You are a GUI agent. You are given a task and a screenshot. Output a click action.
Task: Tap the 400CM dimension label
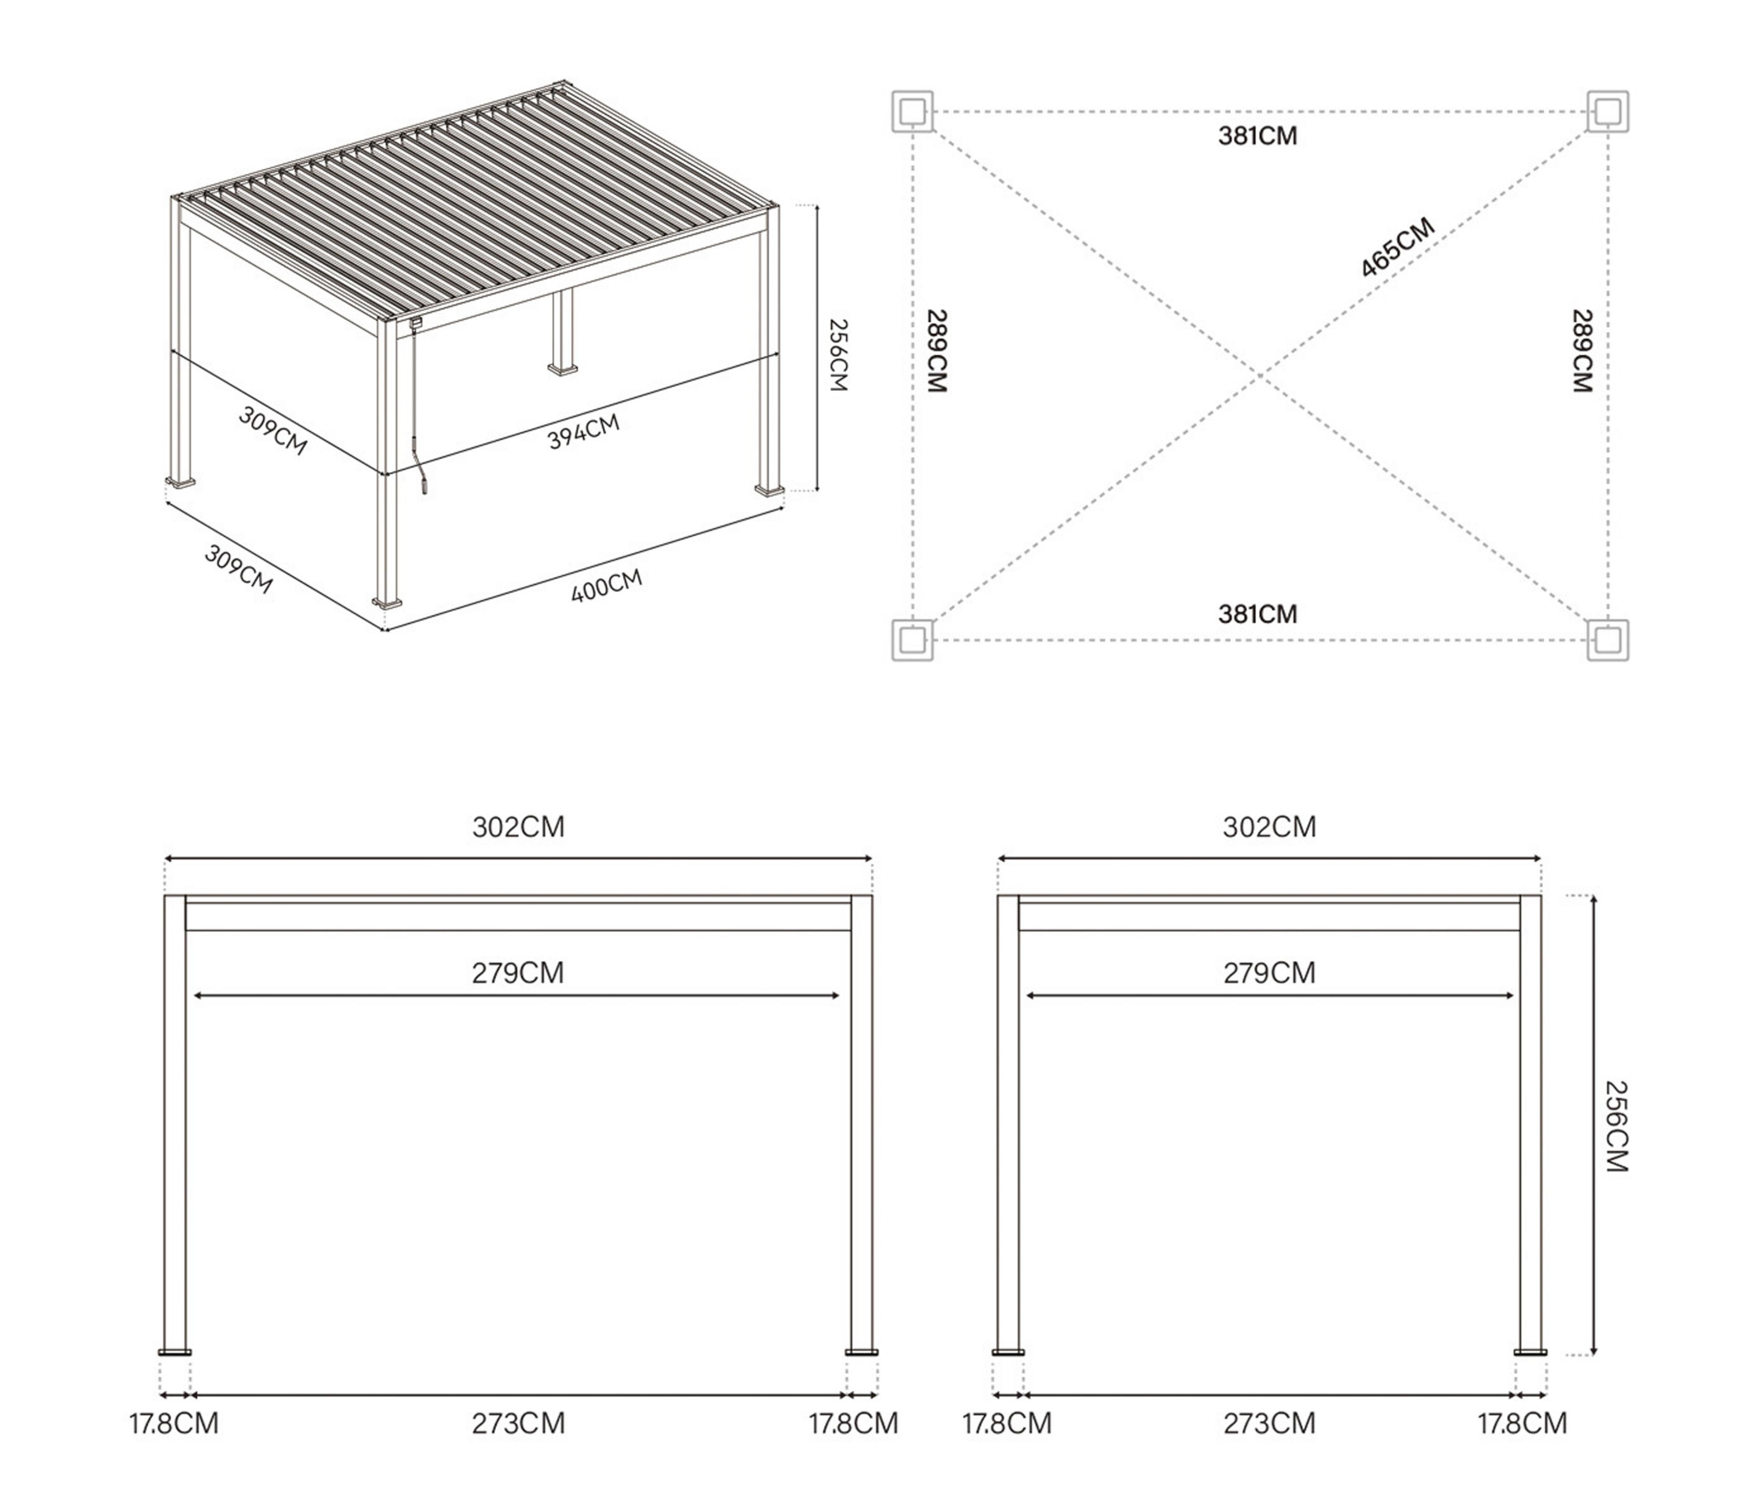[x=606, y=585]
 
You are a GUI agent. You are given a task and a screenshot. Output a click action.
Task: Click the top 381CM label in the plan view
[x=1257, y=136]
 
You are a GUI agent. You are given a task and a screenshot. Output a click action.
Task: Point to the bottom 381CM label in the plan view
[x=1257, y=614]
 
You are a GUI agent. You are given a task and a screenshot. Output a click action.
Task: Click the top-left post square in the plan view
[x=912, y=111]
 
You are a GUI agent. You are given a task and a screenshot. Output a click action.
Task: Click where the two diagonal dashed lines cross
[x=1260, y=376]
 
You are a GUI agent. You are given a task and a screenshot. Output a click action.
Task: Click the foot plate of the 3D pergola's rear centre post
[x=563, y=368]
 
